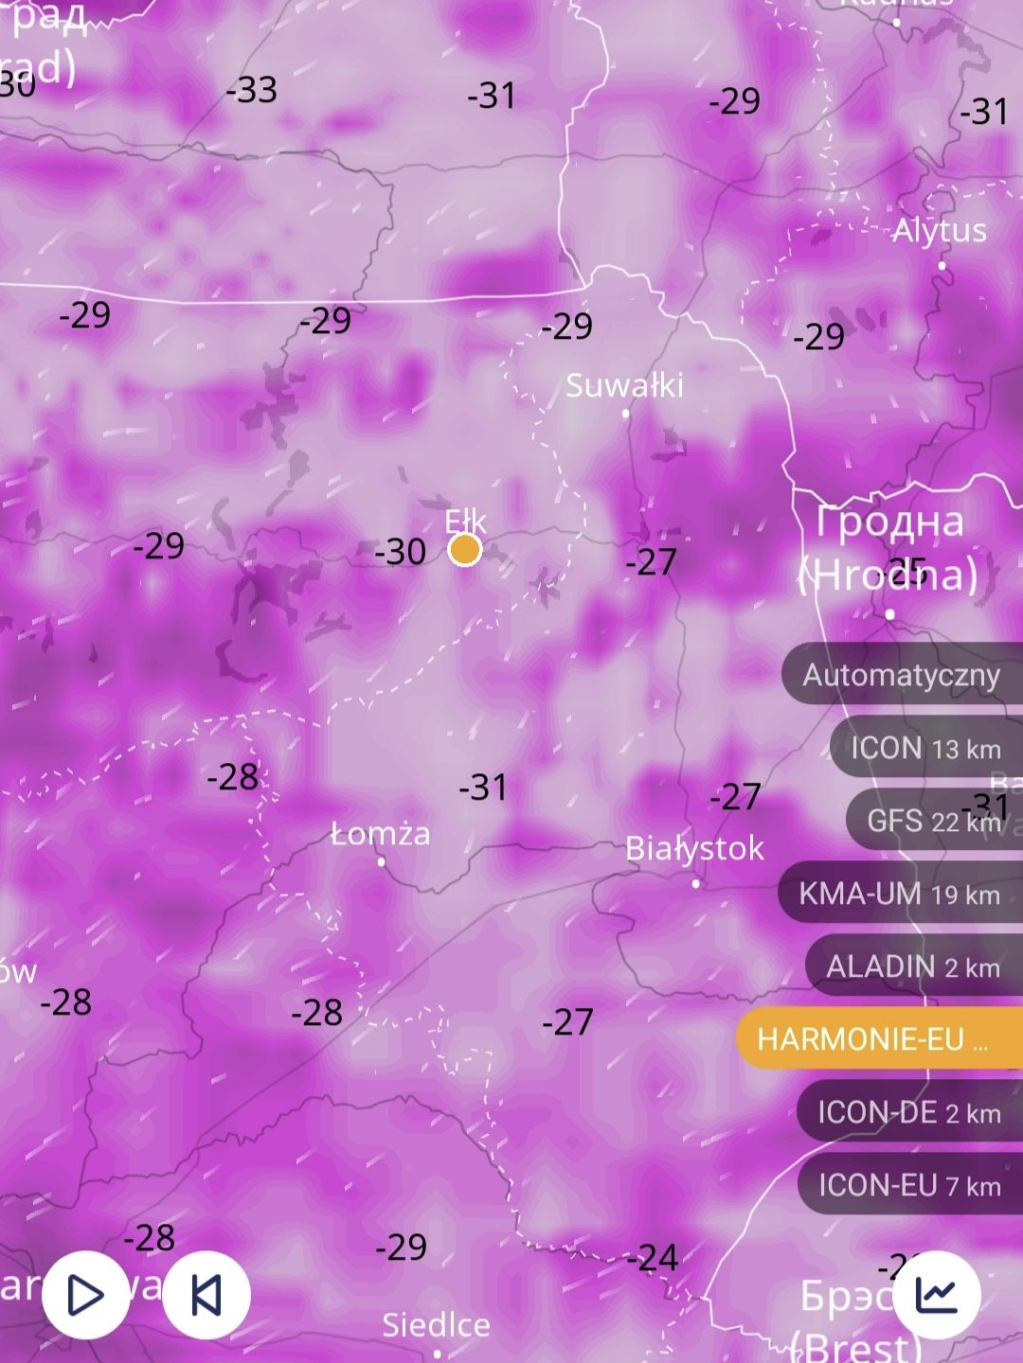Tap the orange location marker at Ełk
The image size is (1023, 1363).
pyautogui.click(x=464, y=549)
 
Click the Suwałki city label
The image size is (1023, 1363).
pyautogui.click(x=624, y=385)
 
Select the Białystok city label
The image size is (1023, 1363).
pyautogui.click(x=694, y=848)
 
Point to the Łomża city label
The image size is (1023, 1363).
pyautogui.click(x=381, y=834)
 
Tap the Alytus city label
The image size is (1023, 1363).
pyautogui.click(x=939, y=230)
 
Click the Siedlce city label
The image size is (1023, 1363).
pyautogui.click(x=436, y=1325)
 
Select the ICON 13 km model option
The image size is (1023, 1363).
pyautogui.click(x=925, y=749)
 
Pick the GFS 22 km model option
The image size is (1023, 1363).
pyautogui.click(x=933, y=821)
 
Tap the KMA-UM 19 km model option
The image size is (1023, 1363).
pyautogui.click(x=900, y=894)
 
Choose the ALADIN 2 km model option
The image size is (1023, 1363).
pyautogui.click(x=913, y=966)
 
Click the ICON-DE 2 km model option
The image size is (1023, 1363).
pyautogui.click(x=909, y=1112)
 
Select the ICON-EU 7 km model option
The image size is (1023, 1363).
pyautogui.click(x=909, y=1185)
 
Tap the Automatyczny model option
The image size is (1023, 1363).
pyautogui.click(x=901, y=675)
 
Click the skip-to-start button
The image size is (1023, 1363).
pyautogui.click(x=206, y=1295)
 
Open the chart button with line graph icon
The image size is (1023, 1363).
pyautogui.click(x=937, y=1294)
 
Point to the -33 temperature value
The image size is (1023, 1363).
pyautogui.click(x=252, y=90)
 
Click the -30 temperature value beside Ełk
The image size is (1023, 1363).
pyautogui.click(x=400, y=552)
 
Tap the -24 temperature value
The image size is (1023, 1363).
pyautogui.click(x=653, y=1258)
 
